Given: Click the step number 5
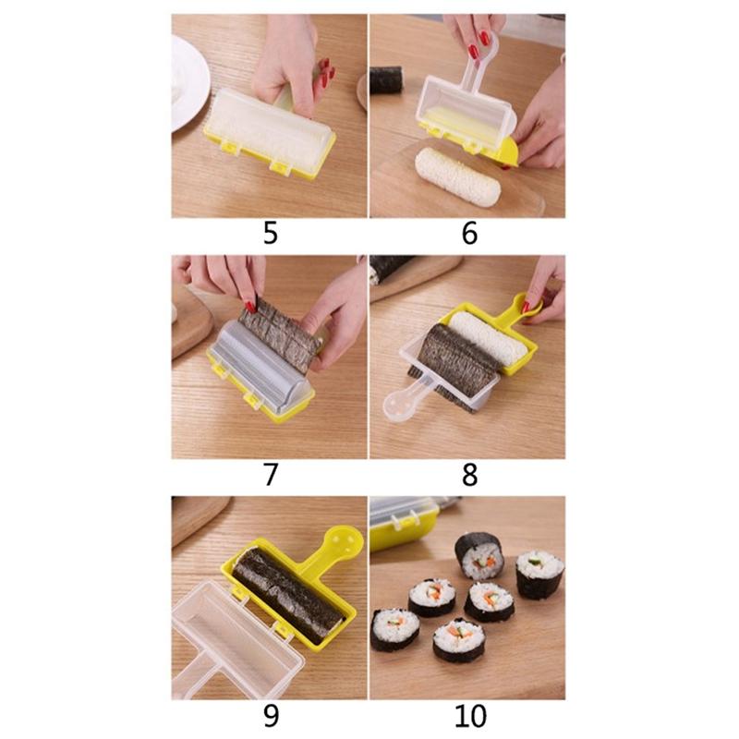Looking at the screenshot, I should coord(270,234).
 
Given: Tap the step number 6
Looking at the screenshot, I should coord(469,234).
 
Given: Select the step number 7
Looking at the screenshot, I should coord(270,476).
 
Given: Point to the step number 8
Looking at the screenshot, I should coord(469,476).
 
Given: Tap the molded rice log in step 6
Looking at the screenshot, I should coord(456,176).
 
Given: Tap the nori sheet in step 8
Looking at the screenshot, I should coord(453,360).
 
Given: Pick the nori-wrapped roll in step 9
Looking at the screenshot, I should coord(286,591).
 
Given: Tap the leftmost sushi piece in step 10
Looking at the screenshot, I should coord(395,628).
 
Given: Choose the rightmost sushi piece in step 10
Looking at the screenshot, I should coord(539,573).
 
